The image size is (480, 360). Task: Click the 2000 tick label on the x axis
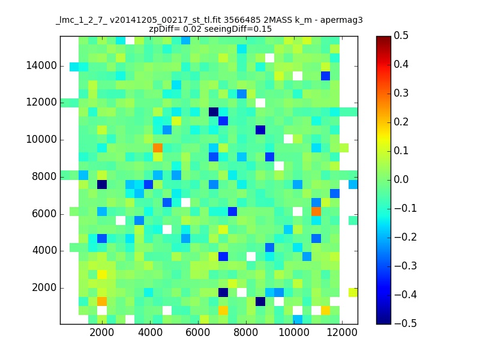(x=102, y=332)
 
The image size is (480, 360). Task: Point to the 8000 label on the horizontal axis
(x=246, y=332)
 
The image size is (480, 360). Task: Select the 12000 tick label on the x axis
(x=342, y=332)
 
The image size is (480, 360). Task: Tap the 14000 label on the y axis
(x=41, y=65)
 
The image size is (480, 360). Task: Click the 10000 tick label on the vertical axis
(x=41, y=140)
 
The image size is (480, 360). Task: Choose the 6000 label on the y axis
(x=44, y=214)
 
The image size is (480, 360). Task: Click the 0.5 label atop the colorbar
(x=401, y=35)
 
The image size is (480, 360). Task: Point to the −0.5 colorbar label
(x=406, y=323)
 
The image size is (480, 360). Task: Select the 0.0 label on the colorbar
(x=401, y=179)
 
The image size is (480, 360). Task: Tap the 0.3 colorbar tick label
(x=401, y=93)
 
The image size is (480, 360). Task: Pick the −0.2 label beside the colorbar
(x=406, y=237)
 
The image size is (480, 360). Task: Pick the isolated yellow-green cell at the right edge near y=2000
(x=353, y=293)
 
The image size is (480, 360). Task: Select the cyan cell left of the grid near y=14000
(x=74, y=67)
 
